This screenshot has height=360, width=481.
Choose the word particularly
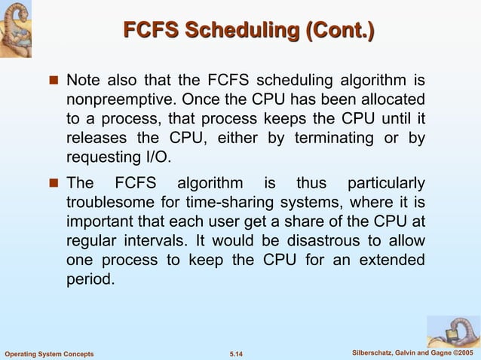pos(384,183)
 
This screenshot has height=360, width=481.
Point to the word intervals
pos(146,242)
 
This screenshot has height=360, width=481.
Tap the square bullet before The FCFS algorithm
pos(54,184)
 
